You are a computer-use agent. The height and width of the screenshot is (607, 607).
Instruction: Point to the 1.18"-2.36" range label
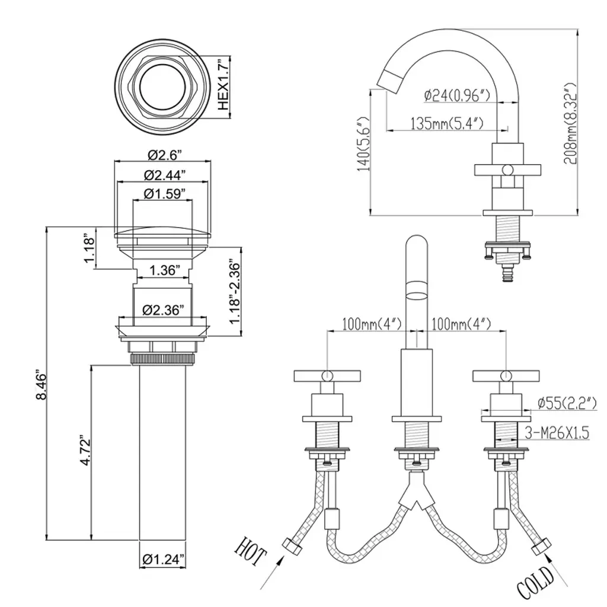[235, 293]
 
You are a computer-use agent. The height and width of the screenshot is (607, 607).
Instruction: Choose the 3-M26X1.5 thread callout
[557, 434]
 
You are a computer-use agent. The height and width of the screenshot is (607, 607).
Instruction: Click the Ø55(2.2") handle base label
[566, 404]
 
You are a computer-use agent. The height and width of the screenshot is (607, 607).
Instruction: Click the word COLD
[535, 584]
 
